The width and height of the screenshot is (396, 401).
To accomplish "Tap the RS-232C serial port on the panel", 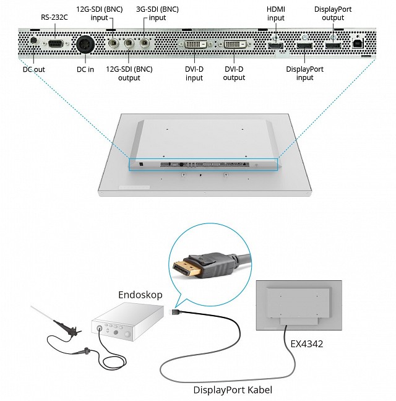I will pos(55,43).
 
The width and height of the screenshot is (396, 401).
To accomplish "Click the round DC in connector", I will pos(85,45).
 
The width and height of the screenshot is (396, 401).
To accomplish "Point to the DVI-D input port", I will pos(195,45).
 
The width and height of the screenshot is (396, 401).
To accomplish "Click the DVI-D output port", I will pos(235,45).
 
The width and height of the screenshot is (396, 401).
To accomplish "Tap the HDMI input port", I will pos(275,46).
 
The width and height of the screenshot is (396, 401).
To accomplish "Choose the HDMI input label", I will pos(276,14).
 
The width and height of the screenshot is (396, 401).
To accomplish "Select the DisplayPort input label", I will pos(304,74).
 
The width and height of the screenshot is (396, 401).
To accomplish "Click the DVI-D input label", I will pos(194,74).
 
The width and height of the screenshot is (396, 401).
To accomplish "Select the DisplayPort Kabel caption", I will pos(233,390).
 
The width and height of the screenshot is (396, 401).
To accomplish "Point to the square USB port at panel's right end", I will pos(358,44).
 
